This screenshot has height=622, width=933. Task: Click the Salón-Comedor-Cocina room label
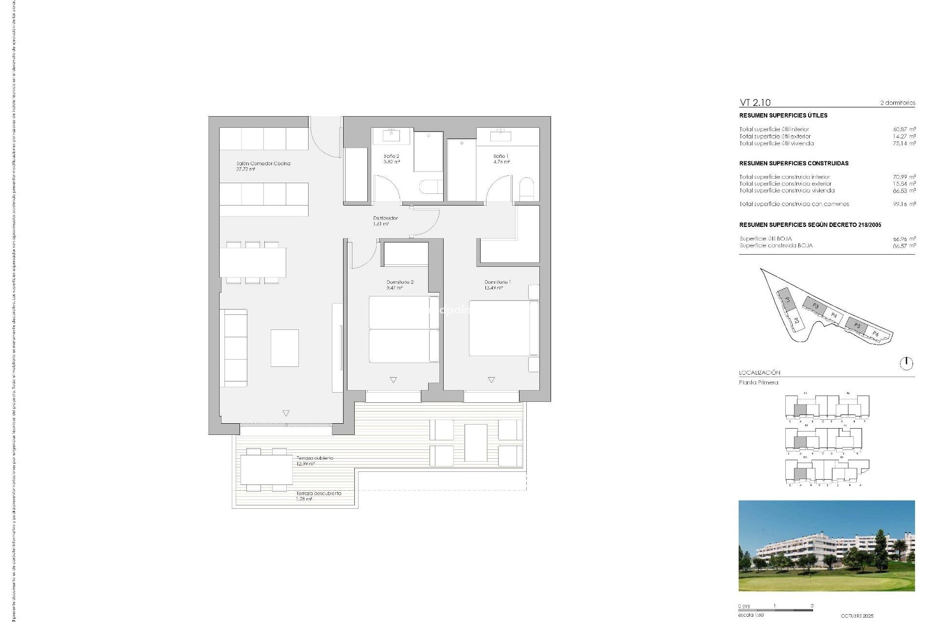tap(263, 164)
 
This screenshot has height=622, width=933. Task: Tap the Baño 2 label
tap(391, 156)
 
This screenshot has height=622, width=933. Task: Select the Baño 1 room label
tap(501, 156)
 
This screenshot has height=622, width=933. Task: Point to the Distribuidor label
tap(385, 218)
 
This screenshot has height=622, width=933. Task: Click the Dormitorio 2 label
tap(400, 282)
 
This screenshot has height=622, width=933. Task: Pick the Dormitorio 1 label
tap(498, 282)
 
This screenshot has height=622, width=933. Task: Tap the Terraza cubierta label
tap(315, 458)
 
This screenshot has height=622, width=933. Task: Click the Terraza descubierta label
tap(319, 493)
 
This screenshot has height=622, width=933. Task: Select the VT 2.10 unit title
tap(755, 103)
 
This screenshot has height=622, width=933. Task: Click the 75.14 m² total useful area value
tap(904, 143)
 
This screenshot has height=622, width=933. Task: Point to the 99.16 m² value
tap(904, 204)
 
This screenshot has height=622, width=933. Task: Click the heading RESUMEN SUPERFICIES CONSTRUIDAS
tap(794, 163)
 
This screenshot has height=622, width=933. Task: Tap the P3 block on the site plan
tap(815, 306)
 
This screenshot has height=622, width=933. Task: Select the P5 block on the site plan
tap(857, 325)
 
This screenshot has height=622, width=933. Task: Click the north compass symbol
tap(906, 363)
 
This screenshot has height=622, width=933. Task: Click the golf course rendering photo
tap(826, 546)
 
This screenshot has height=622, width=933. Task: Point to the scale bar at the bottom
tap(775, 610)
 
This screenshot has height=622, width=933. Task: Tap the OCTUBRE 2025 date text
tap(857, 616)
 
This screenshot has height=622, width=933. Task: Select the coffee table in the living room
tap(284, 348)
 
